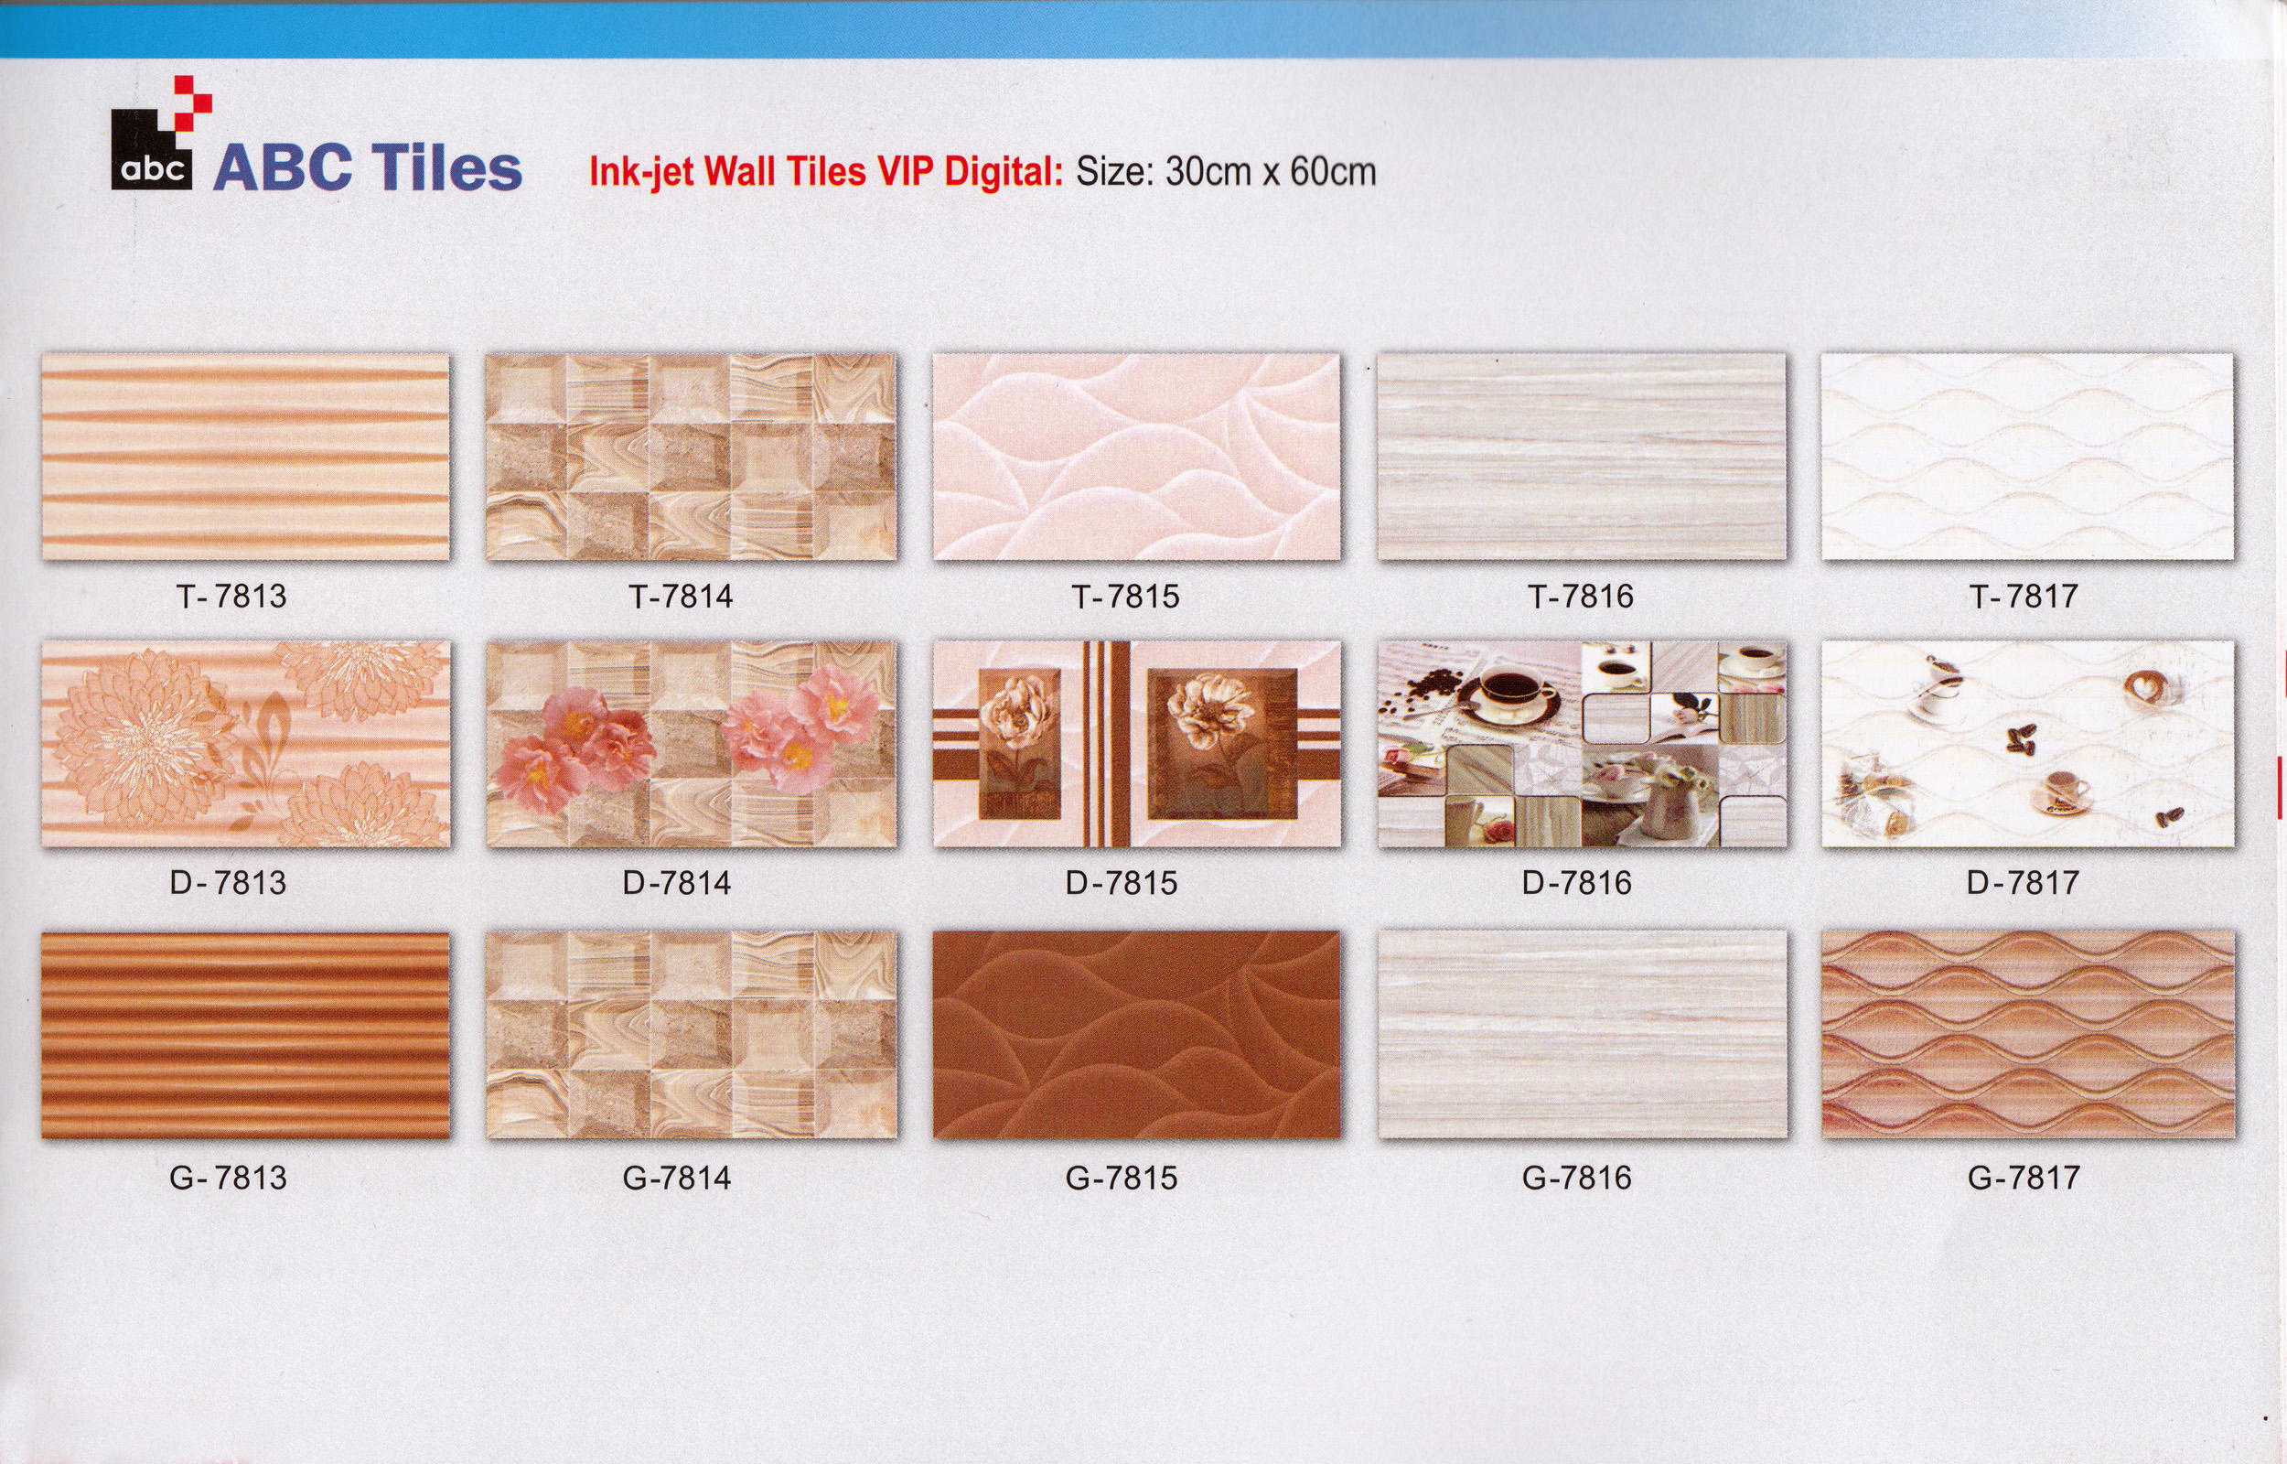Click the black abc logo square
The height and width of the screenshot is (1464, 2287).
[x=152, y=150]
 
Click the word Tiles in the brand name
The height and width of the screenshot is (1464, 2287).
[x=446, y=168]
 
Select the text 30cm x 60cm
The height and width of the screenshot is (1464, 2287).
[x=1271, y=172]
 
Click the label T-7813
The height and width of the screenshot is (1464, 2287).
[x=231, y=596]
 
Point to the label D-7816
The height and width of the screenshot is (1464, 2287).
[x=1576, y=882]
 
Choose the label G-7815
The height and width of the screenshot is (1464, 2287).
[x=1122, y=1178]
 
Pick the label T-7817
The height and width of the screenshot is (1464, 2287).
[x=2023, y=596]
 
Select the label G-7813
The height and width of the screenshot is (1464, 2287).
[x=228, y=1178]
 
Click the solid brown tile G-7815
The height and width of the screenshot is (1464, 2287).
[x=1136, y=1034]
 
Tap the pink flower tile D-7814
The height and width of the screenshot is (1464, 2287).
[x=691, y=745]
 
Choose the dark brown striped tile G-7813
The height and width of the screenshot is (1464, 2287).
[x=245, y=1034]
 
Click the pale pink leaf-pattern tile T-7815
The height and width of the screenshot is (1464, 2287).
[x=1136, y=457]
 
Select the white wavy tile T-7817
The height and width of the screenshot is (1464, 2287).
[x=2027, y=457]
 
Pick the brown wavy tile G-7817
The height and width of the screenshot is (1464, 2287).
[x=2027, y=1034]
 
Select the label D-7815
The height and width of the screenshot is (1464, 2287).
[x=1122, y=882]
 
